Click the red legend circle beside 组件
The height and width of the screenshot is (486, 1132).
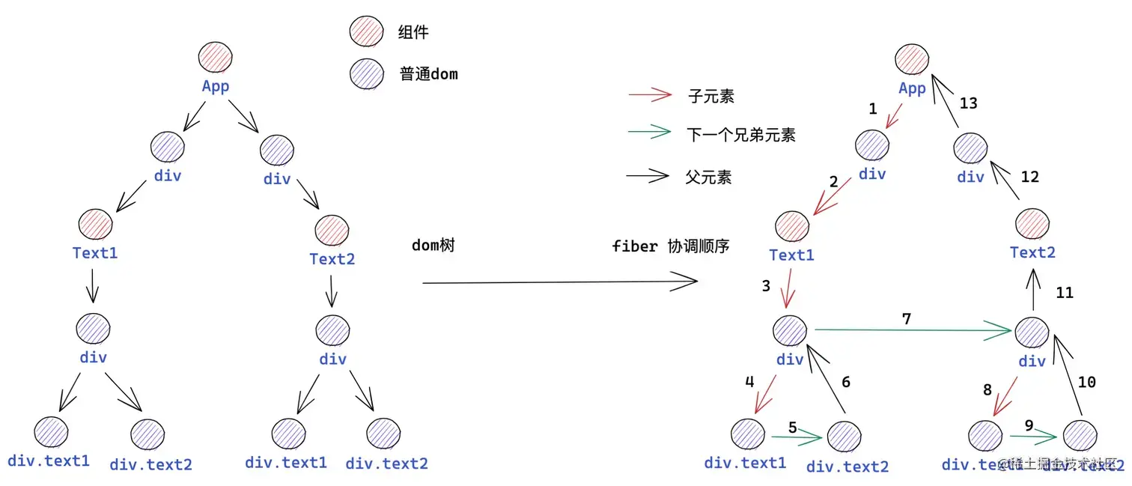click(x=366, y=32)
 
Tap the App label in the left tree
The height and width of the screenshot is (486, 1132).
click(x=216, y=86)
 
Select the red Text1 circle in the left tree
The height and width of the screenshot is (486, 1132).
click(x=95, y=225)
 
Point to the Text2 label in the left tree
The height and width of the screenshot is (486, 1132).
click(x=332, y=259)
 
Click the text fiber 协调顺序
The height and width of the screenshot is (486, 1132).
click(x=670, y=246)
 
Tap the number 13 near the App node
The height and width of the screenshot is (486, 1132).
click(x=968, y=103)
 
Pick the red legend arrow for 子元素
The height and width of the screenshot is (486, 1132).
click(x=650, y=94)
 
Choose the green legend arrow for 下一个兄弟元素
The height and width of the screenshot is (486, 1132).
click(x=650, y=133)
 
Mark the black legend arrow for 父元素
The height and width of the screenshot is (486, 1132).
click(x=647, y=176)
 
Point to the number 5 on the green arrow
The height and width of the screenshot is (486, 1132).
click(x=793, y=428)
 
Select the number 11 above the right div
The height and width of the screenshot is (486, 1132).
click(x=1064, y=293)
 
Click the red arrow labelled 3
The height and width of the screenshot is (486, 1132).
click(x=786, y=293)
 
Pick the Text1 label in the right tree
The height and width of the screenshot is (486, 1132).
click(x=791, y=255)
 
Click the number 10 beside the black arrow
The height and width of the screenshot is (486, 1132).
click(x=1086, y=382)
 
